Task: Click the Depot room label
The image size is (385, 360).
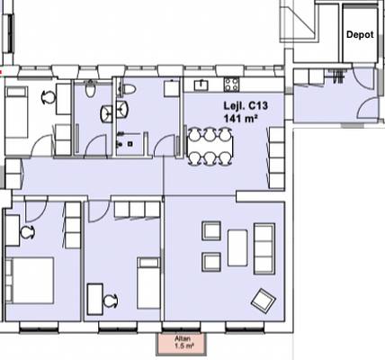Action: click(x=360, y=34)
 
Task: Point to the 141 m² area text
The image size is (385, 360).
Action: click(x=241, y=118)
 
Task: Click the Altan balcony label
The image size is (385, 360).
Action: click(x=183, y=338)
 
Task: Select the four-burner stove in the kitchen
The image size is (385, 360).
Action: click(x=232, y=85)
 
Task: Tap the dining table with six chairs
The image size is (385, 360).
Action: click(x=210, y=147)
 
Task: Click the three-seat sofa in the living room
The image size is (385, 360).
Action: click(x=264, y=248)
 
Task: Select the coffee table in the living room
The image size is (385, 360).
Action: click(x=237, y=248)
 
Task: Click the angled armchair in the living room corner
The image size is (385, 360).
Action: click(x=264, y=301)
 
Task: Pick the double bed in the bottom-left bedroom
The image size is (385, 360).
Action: click(x=30, y=280)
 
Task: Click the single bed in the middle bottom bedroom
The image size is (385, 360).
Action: click(x=148, y=283)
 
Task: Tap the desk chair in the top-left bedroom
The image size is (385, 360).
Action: click(x=48, y=97)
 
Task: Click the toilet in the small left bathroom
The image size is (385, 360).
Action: click(x=90, y=89)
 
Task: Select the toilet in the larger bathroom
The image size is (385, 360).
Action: click(x=127, y=89)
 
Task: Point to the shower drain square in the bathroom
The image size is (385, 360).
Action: click(x=130, y=144)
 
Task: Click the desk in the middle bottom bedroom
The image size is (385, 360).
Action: click(x=95, y=299)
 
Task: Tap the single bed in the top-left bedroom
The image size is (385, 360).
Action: click(x=17, y=112)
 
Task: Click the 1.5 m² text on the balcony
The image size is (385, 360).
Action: click(x=184, y=346)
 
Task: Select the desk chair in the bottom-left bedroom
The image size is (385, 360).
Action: click(x=28, y=232)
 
